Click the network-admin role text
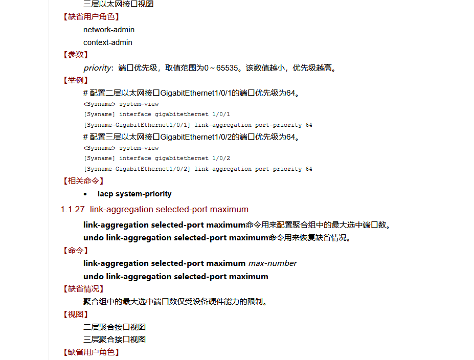(109, 30)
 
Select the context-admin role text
(108, 42)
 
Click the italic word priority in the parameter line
(97, 68)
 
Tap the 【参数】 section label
(76, 55)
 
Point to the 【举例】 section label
(76, 80)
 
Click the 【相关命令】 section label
(83, 181)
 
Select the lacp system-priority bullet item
(134, 194)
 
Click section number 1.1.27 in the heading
(72, 209)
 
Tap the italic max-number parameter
(273, 263)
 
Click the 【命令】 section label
(76, 251)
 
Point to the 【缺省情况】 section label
(83, 289)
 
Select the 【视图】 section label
(76, 314)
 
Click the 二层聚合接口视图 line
(115, 327)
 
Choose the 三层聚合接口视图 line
(115, 339)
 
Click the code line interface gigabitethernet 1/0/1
(174, 115)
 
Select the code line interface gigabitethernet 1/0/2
(174, 159)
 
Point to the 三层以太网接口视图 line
(119, 4)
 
